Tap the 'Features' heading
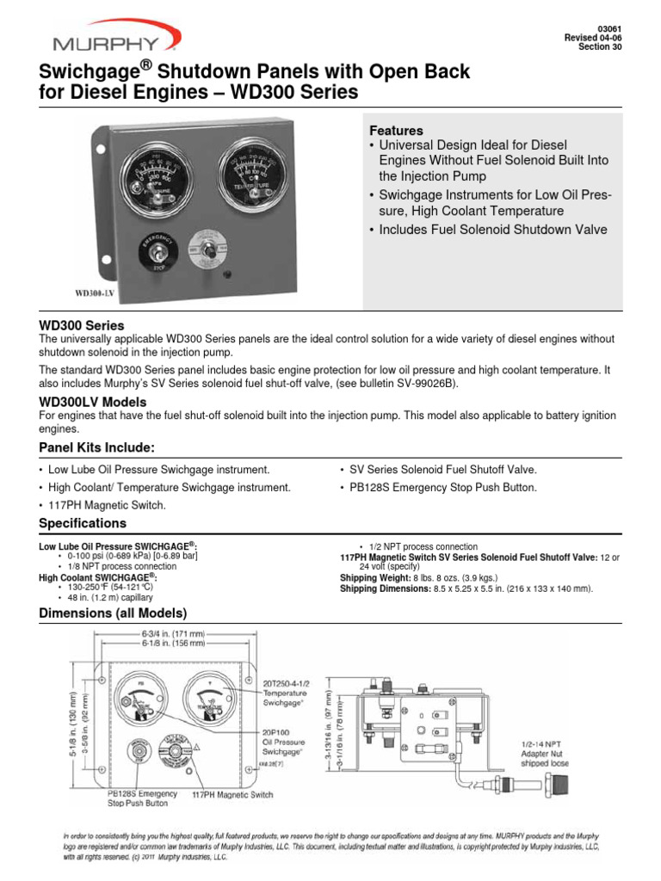click(x=396, y=130)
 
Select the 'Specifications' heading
click(x=83, y=523)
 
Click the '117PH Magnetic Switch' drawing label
click(x=232, y=796)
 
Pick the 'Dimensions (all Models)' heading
click(x=113, y=613)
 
